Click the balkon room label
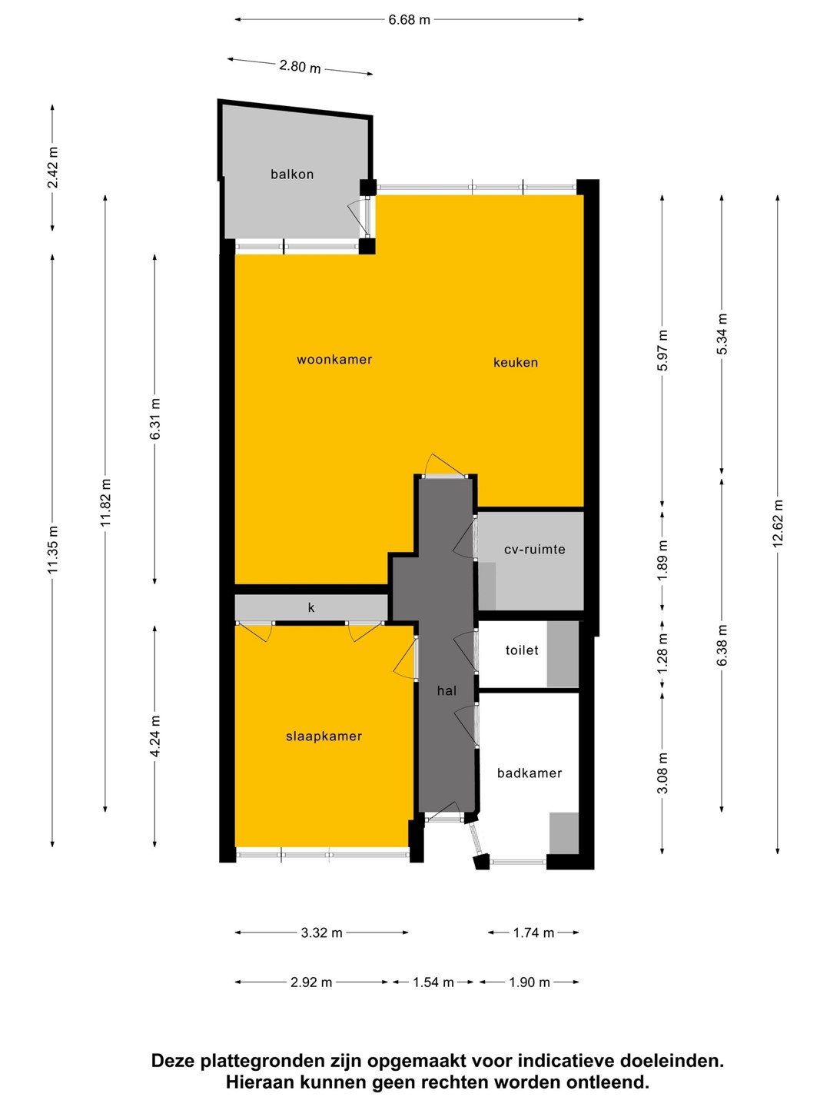point(292,175)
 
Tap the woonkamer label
point(334,360)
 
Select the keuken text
point(516,363)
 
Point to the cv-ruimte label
point(535,549)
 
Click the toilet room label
point(522,650)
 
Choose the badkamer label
point(530,773)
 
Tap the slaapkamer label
point(324,736)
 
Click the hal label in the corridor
point(447,690)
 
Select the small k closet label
point(311,608)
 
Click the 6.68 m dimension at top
point(409,20)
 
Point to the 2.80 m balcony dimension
point(300,66)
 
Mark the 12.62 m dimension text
point(779,523)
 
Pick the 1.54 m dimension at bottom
point(433,982)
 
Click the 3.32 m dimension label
point(321,933)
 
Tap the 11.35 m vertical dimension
point(53,549)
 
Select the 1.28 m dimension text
point(663,653)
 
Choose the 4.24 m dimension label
point(156,736)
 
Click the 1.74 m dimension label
point(533,933)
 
